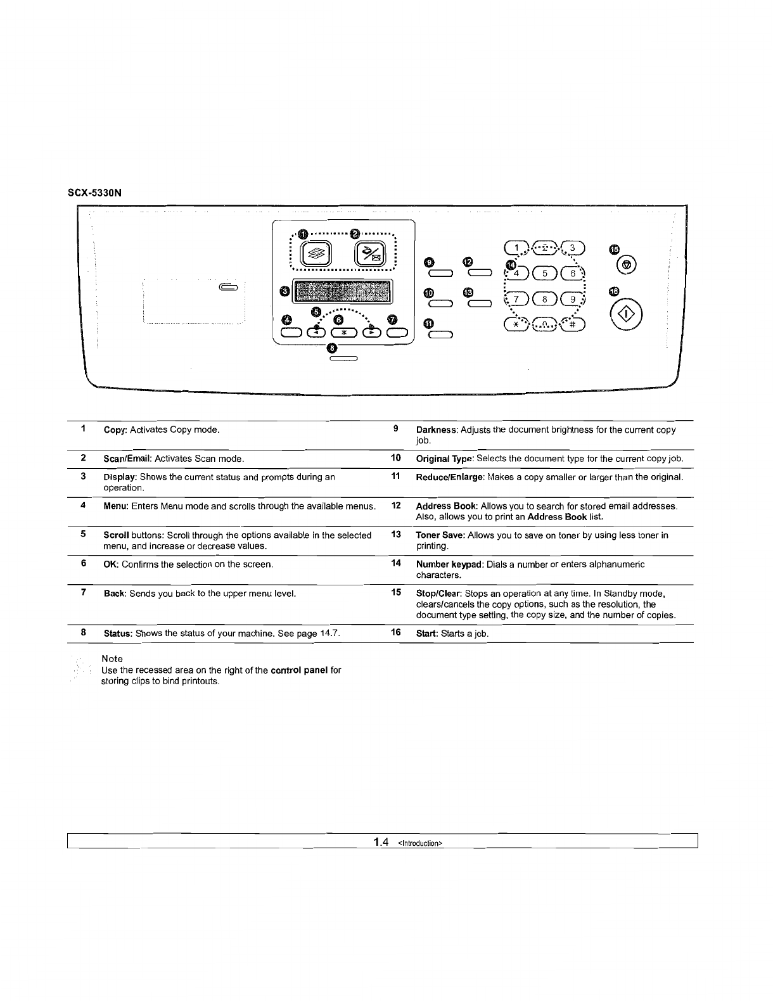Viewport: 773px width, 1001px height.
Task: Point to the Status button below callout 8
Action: click(344, 359)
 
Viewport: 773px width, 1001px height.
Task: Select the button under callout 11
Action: click(440, 335)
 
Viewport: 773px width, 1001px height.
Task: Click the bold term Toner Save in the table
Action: click(440, 535)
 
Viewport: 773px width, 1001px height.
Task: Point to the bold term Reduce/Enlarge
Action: click(450, 477)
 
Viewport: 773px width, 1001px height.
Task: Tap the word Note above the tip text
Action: click(112, 659)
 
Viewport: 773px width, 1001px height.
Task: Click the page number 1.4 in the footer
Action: click(381, 842)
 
